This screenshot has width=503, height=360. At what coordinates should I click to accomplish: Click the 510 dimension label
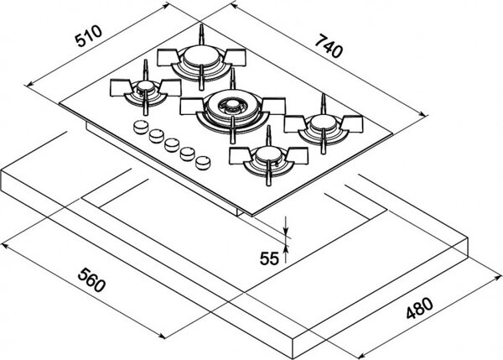click(88, 36)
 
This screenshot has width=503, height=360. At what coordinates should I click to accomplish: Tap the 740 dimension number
click(329, 47)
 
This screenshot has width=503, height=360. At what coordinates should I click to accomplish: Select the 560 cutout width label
click(91, 280)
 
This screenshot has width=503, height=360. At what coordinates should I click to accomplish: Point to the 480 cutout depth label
click(420, 308)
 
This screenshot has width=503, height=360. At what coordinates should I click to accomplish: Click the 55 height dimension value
click(269, 258)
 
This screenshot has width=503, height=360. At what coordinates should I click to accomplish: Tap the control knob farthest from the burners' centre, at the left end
click(140, 127)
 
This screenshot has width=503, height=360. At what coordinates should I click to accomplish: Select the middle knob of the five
click(172, 145)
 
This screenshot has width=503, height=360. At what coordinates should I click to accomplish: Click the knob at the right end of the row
click(203, 163)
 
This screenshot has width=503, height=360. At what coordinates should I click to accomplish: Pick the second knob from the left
click(156, 135)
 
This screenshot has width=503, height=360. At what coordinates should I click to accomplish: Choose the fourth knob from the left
click(187, 154)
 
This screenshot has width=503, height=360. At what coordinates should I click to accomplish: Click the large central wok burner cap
click(232, 104)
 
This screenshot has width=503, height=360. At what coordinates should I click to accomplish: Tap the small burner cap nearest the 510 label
click(145, 86)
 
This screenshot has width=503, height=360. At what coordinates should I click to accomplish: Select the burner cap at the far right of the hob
click(323, 122)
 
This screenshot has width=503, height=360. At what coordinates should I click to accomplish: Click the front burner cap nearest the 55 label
click(269, 154)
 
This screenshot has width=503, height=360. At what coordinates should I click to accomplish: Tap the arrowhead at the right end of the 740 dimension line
click(423, 114)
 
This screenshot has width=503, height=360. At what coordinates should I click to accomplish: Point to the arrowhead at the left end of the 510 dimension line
click(29, 84)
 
